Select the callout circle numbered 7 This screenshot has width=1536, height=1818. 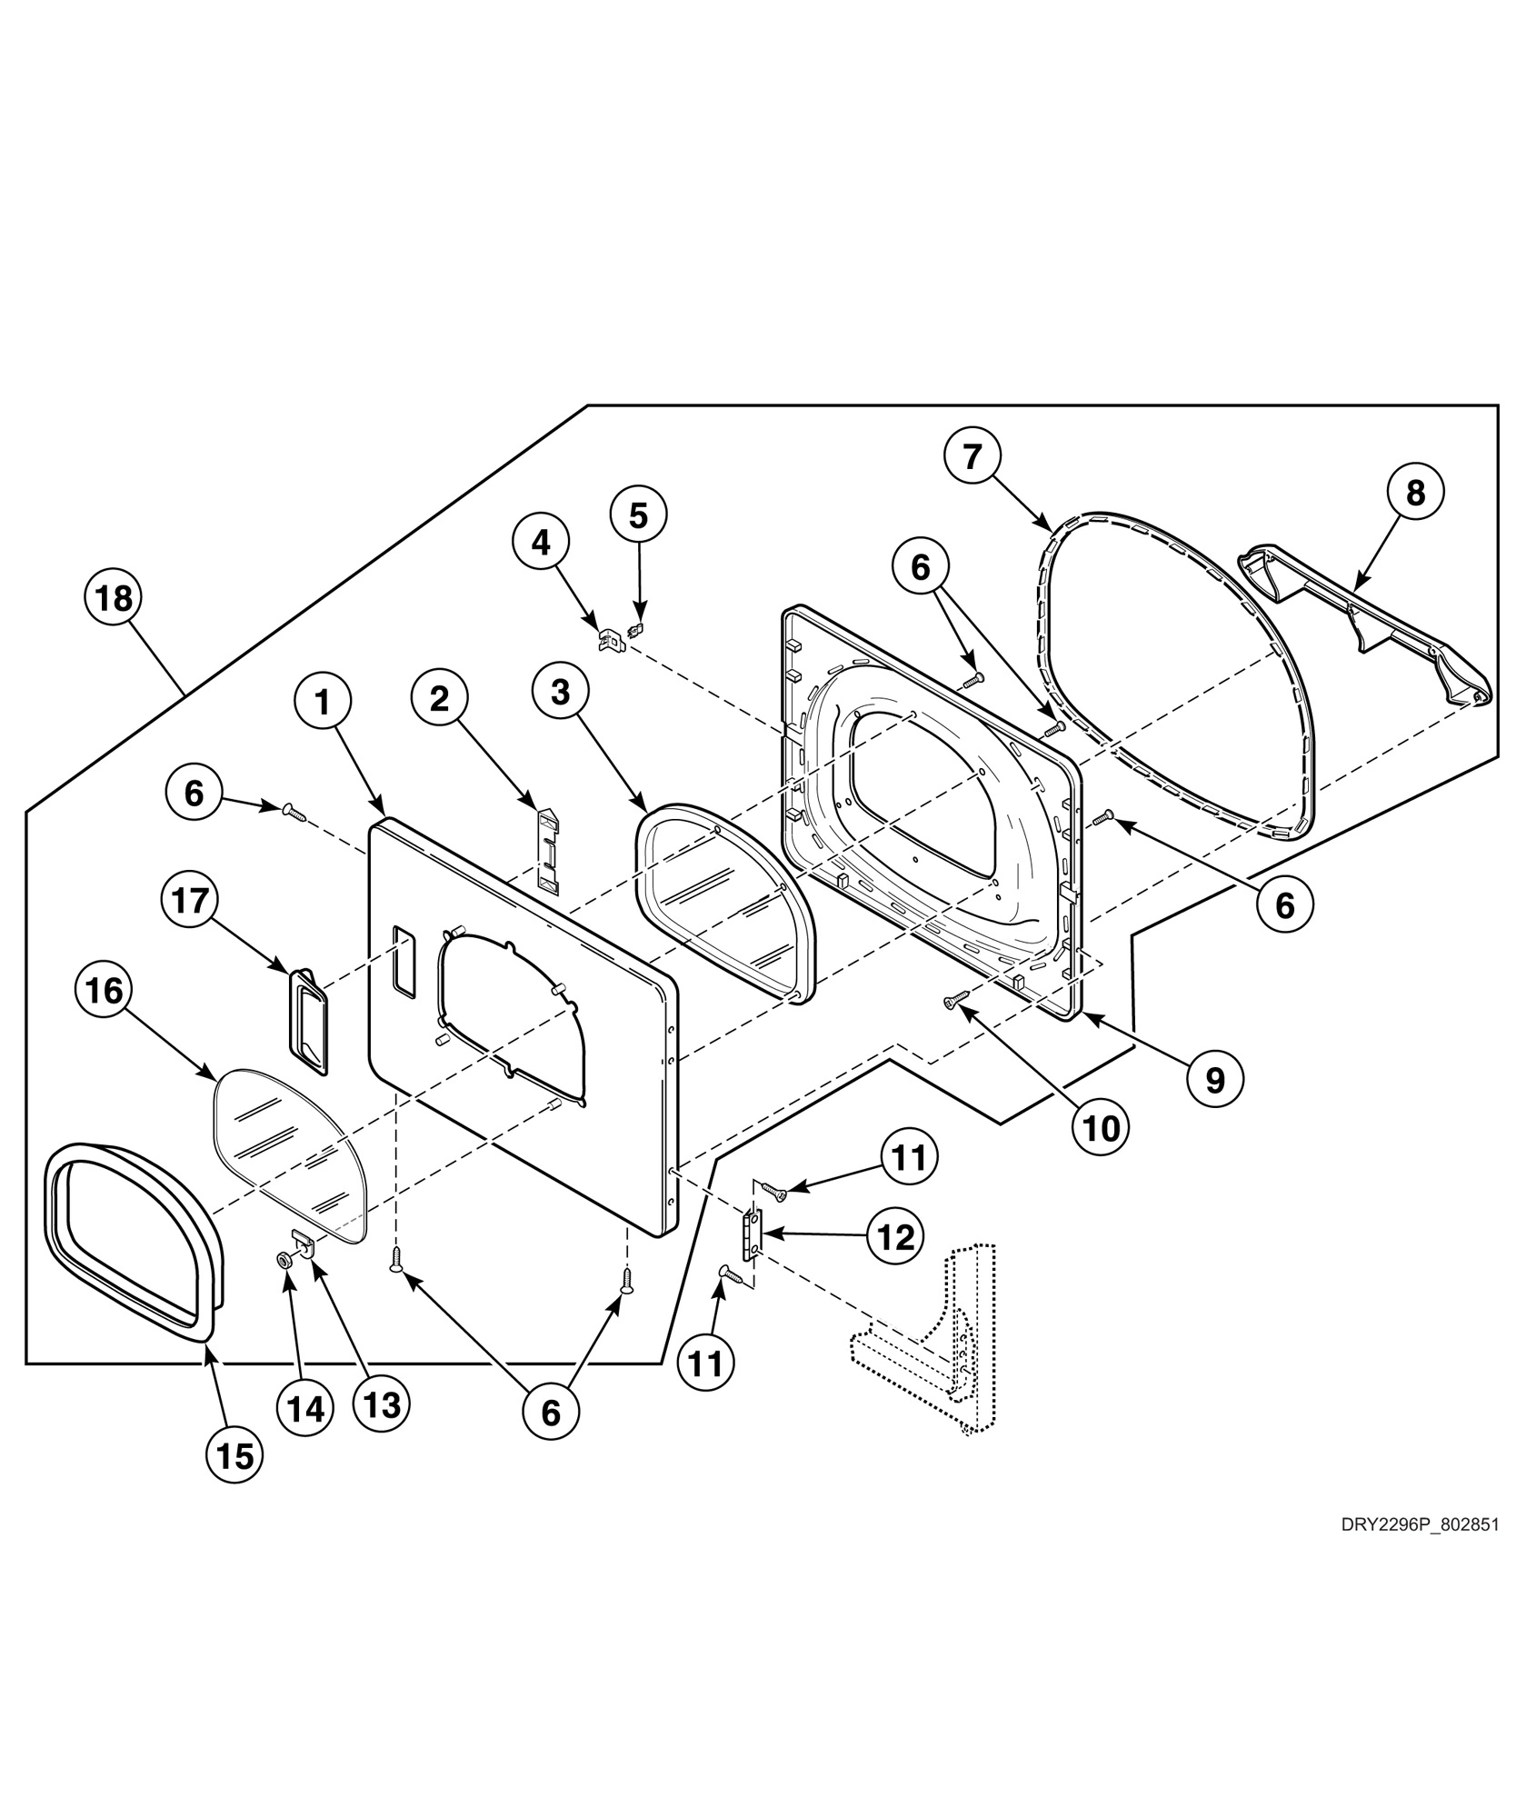[x=973, y=457]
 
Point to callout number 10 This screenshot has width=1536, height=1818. [x=1101, y=1128]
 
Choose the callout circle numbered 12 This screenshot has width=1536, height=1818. [x=896, y=1236]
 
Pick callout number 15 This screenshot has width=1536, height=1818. [x=234, y=1456]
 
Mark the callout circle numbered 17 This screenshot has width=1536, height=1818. [x=191, y=902]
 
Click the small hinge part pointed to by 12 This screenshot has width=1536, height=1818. [x=752, y=1235]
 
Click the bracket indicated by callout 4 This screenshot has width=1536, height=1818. [x=609, y=640]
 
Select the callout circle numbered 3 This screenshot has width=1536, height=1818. [x=560, y=692]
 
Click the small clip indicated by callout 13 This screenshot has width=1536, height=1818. [x=304, y=1242]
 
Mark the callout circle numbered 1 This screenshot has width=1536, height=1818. [x=321, y=701]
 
